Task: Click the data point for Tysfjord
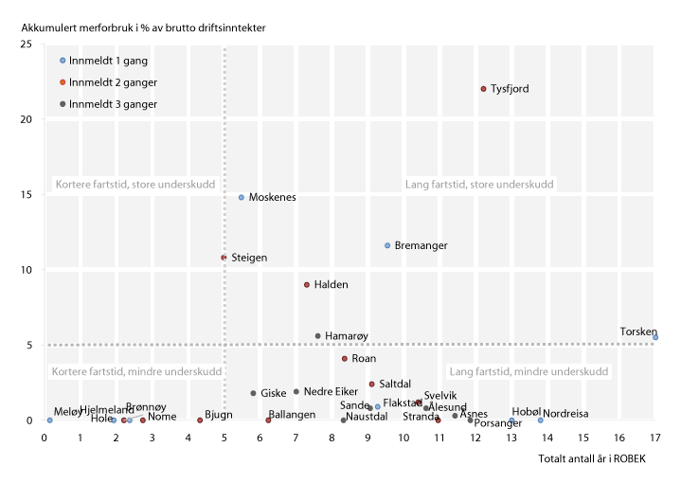point(483,89)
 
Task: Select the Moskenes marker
point(242,198)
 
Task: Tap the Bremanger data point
point(387,245)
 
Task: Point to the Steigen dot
point(224,258)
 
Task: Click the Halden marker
point(307,285)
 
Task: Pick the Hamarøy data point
point(318,336)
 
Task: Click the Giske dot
point(253,393)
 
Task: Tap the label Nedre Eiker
point(332,391)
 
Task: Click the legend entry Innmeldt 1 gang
point(106,60)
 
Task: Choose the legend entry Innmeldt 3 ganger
point(113,104)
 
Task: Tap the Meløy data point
point(50,420)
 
